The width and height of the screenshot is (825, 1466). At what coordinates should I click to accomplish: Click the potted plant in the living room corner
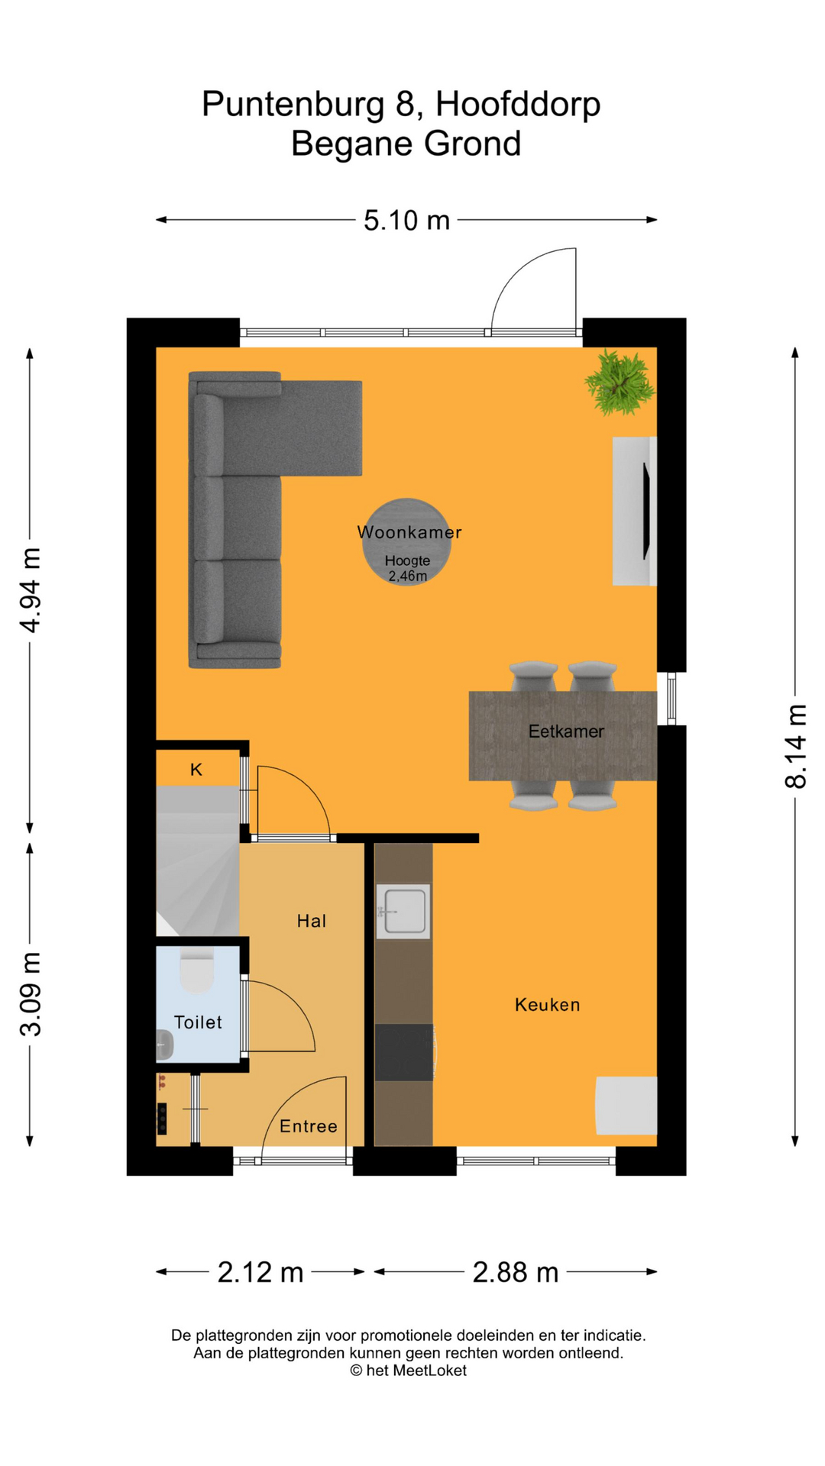tap(620, 382)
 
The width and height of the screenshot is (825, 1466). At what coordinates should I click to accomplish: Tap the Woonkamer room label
tap(409, 532)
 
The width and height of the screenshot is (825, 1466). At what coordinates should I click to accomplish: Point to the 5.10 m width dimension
tap(406, 221)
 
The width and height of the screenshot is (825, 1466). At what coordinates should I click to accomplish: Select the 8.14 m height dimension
tap(795, 747)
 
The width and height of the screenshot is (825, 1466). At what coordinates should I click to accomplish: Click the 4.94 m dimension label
tap(30, 590)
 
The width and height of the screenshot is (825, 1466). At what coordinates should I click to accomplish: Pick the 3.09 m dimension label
tap(30, 994)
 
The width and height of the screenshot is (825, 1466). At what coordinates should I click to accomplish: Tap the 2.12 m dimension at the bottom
tap(260, 1272)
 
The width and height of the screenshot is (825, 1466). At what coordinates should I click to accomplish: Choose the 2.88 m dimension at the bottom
tap(516, 1272)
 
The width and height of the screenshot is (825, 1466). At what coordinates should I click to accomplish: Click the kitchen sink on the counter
tap(403, 911)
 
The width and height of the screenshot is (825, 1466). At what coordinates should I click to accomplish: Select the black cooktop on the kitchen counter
tap(404, 1052)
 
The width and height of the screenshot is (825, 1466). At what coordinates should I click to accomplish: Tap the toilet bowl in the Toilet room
tap(197, 972)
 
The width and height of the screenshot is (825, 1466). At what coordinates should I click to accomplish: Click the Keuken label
tap(547, 1005)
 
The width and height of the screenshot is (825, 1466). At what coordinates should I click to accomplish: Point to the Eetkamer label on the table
tap(566, 731)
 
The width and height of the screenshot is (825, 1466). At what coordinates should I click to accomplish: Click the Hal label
tap(312, 922)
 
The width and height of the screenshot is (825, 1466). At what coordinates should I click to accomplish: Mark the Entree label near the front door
tap(308, 1126)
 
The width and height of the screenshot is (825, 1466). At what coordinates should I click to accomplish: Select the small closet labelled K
tap(196, 770)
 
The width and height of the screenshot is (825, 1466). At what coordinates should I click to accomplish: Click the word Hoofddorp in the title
tap(518, 104)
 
